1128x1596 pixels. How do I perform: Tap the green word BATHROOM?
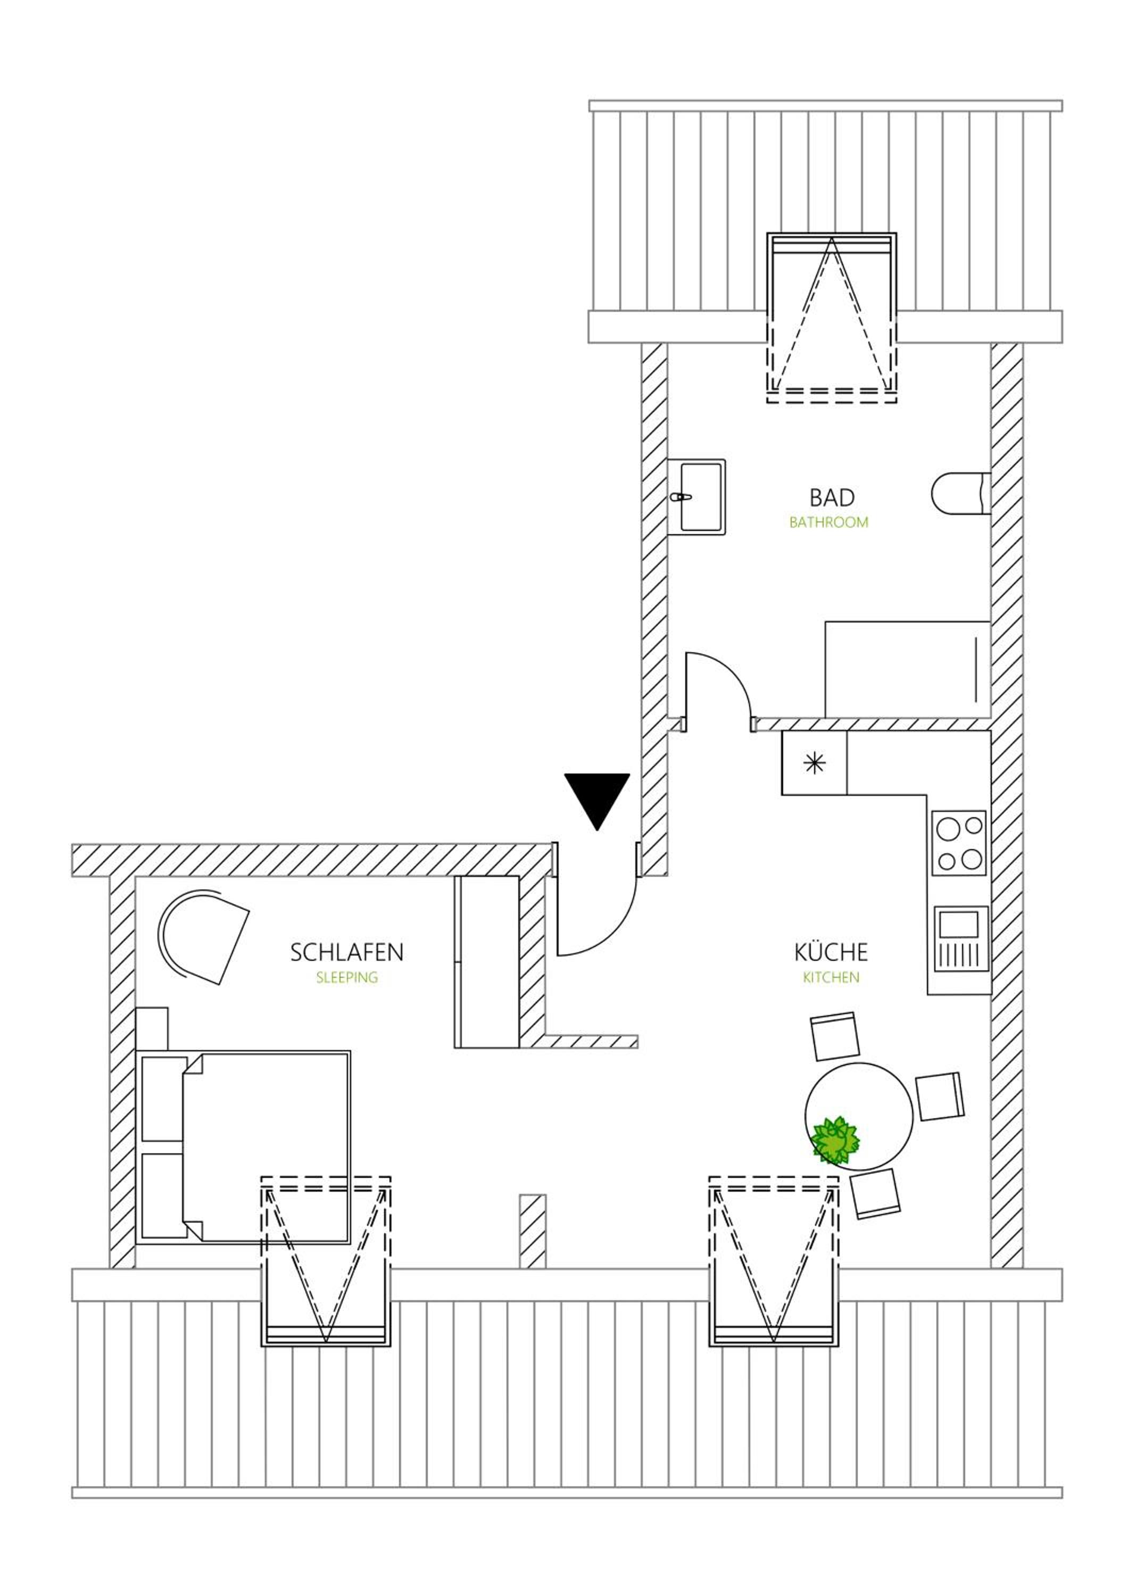pyautogui.click(x=828, y=523)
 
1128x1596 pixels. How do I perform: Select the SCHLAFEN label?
pyautogui.click(x=347, y=952)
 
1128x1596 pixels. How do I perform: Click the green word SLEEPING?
pyautogui.click(x=347, y=978)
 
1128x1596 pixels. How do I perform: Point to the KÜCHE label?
pyautogui.click(x=831, y=952)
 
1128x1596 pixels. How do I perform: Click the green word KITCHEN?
pyautogui.click(x=831, y=978)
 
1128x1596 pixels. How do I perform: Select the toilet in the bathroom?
pyautogui.click(x=961, y=494)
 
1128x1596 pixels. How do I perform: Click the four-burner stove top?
pyautogui.click(x=960, y=843)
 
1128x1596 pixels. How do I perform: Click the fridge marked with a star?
pyautogui.click(x=815, y=763)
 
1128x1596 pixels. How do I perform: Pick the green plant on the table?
pyautogui.click(x=835, y=1141)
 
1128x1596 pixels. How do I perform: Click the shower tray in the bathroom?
pyautogui.click(x=908, y=669)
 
